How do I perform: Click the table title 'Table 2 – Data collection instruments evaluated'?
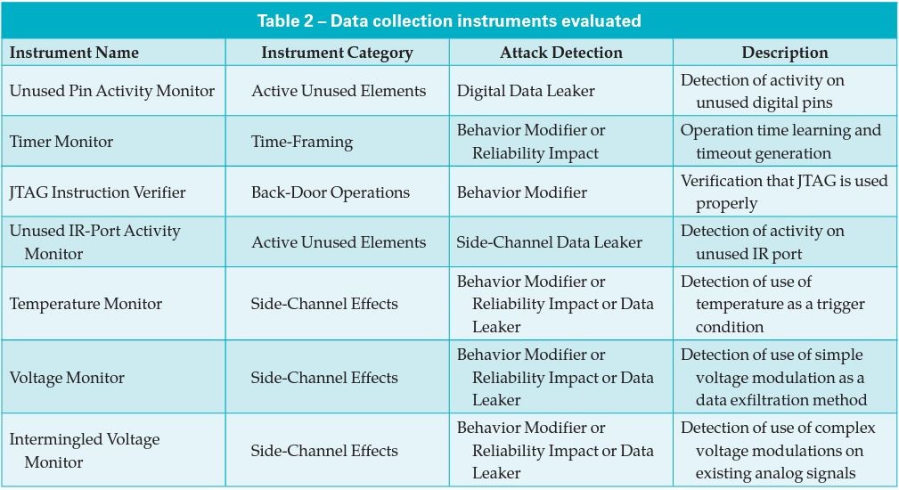pos(449,21)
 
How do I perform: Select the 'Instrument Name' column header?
pos(74,53)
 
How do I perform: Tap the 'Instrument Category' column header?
pos(337,53)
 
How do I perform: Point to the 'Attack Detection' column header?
pos(560,53)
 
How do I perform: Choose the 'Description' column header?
pos(785,53)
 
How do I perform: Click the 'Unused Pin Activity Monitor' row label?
pos(112,91)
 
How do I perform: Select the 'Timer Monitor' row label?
pos(61,142)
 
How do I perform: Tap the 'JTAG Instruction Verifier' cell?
pos(97,192)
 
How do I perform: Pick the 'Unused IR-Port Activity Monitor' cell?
pos(95,241)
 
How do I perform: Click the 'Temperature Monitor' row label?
pos(86,304)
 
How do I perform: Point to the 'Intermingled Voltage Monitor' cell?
pos(85,451)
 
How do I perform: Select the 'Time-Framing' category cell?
pos(302,142)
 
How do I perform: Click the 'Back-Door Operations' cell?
pos(331,192)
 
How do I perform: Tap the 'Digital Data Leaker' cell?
pos(526,91)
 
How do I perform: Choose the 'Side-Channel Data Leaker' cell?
pos(549,242)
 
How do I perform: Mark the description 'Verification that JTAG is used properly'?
pos(784,192)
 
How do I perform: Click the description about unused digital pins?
pos(763,91)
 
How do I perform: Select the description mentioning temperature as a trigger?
pos(772,304)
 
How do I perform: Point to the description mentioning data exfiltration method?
pos(774,377)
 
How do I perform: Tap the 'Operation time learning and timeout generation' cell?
pos(780,142)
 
